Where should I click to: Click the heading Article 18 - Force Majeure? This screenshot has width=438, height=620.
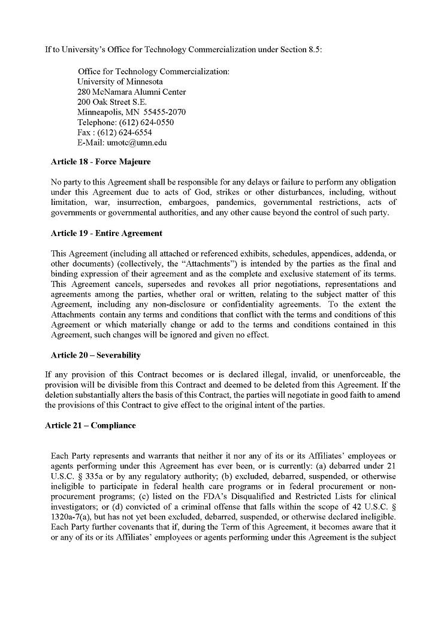(x=101, y=162)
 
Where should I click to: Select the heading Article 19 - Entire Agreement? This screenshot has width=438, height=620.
(x=107, y=233)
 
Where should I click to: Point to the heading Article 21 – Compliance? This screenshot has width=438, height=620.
(x=90, y=425)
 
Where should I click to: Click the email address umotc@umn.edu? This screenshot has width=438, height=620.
(x=137, y=143)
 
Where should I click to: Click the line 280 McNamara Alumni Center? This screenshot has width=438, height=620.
(x=131, y=92)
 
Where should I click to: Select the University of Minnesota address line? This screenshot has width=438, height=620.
(x=120, y=81)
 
